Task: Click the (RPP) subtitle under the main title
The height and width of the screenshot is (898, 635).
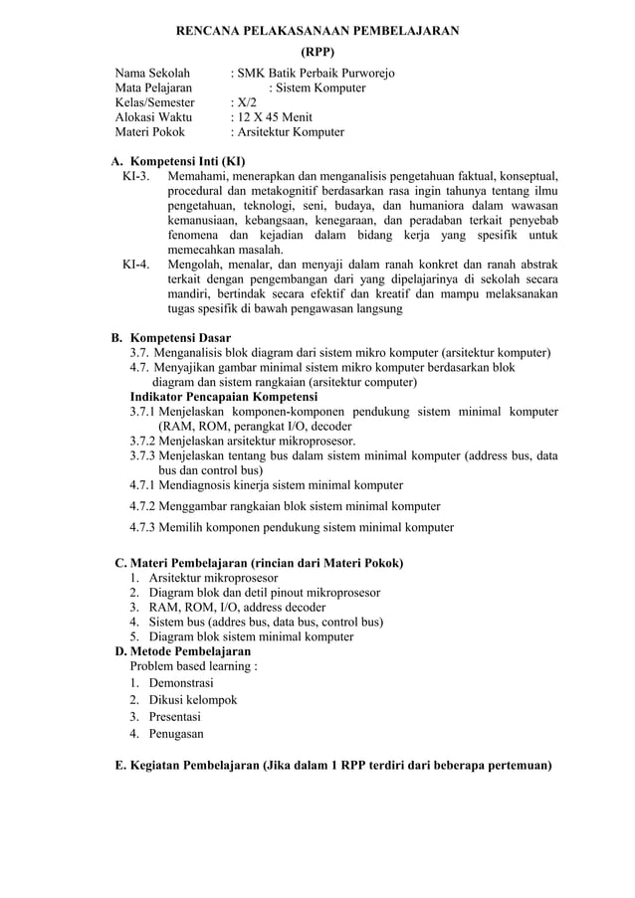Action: click(x=317, y=51)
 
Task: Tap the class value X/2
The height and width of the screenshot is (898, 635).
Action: click(x=245, y=102)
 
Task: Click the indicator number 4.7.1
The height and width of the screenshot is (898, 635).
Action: click(x=142, y=485)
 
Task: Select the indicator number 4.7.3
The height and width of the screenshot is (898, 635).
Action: click(x=142, y=527)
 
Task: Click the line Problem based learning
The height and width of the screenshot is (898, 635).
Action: click(x=194, y=666)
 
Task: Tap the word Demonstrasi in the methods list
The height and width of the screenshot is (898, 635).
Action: click(x=181, y=682)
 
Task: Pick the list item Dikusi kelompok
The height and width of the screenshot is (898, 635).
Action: click(x=193, y=700)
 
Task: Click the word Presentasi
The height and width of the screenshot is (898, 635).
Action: click(x=175, y=717)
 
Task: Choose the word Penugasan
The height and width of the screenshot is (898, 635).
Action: click(x=176, y=734)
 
